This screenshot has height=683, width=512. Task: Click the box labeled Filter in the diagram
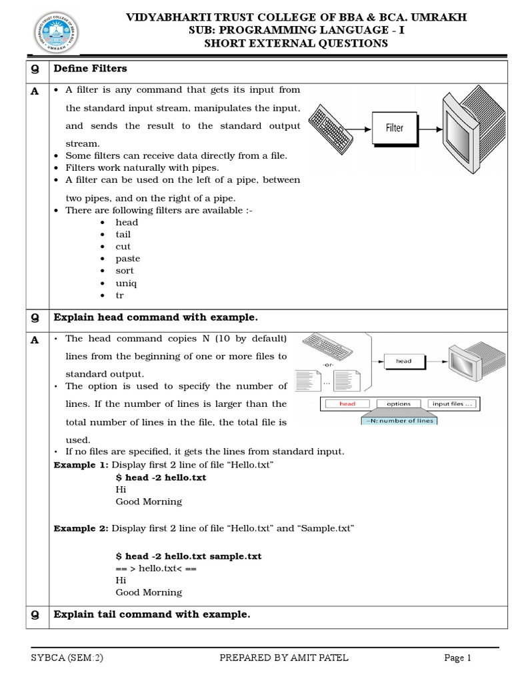coord(395,127)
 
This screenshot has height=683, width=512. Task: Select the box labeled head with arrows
coord(404,361)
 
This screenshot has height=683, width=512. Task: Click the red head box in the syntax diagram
coord(347,404)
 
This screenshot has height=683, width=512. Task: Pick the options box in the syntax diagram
coord(399,404)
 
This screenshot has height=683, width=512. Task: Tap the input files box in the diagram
coord(453,404)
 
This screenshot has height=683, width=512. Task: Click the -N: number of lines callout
coord(399,420)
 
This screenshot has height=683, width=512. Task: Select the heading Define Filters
coord(90,69)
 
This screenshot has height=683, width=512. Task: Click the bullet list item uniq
coord(126,283)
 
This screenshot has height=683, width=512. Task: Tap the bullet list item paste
coord(127,259)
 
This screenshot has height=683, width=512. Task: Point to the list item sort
coord(125,271)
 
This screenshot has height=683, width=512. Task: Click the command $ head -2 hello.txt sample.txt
coord(189,556)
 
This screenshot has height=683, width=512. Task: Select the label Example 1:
coord(81,465)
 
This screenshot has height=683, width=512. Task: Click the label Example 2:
coord(81,528)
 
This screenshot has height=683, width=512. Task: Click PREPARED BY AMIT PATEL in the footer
coord(284,658)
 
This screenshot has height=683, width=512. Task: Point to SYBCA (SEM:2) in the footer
coord(67,658)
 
